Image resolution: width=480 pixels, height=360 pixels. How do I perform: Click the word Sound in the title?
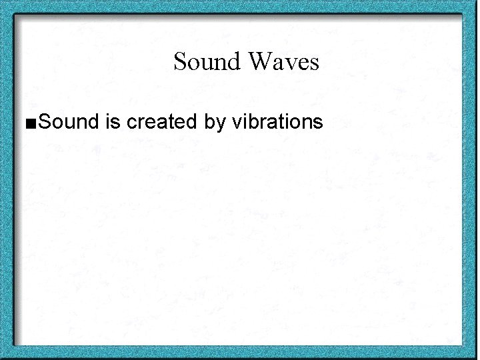[207, 62]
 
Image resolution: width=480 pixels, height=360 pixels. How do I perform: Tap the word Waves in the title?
[283, 62]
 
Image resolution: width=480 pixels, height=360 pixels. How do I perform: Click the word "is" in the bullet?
[111, 122]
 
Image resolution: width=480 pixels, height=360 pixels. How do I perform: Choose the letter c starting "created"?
[131, 124]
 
